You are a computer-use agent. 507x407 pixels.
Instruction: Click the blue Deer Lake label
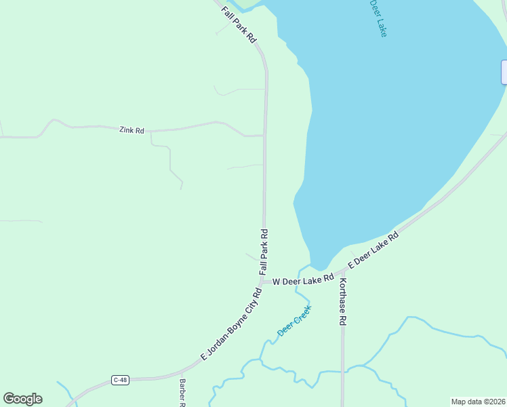(x=379, y=18)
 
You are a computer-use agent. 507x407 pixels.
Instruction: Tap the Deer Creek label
(x=294, y=321)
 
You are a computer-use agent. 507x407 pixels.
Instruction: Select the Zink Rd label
(x=131, y=130)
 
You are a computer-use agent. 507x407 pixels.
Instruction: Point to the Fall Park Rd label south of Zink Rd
(x=264, y=251)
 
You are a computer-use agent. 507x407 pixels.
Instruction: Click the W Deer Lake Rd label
(x=304, y=279)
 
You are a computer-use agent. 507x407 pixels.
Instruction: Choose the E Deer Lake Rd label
(x=373, y=248)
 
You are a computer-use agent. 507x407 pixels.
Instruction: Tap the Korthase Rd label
(x=343, y=301)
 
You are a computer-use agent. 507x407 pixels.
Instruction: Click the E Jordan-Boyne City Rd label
(x=231, y=325)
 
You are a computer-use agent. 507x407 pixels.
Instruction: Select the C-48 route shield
(x=120, y=380)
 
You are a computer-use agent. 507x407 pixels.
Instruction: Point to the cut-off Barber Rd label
(x=182, y=392)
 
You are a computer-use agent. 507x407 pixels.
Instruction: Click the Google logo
(x=22, y=399)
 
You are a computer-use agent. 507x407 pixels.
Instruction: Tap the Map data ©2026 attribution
(x=478, y=402)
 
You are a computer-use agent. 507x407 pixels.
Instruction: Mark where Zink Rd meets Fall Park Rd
(x=264, y=136)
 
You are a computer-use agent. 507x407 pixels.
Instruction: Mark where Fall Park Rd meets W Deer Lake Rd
(x=262, y=281)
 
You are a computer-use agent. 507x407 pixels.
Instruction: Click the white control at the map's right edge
(x=504, y=72)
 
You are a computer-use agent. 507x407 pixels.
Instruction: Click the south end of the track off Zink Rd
(x=182, y=188)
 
